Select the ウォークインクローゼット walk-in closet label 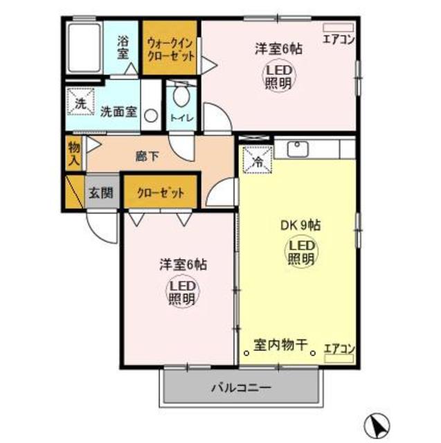point(170,48)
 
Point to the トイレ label point(181,118)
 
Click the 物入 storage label point(74,154)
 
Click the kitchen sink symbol point(300,149)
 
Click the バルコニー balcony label point(241,388)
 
